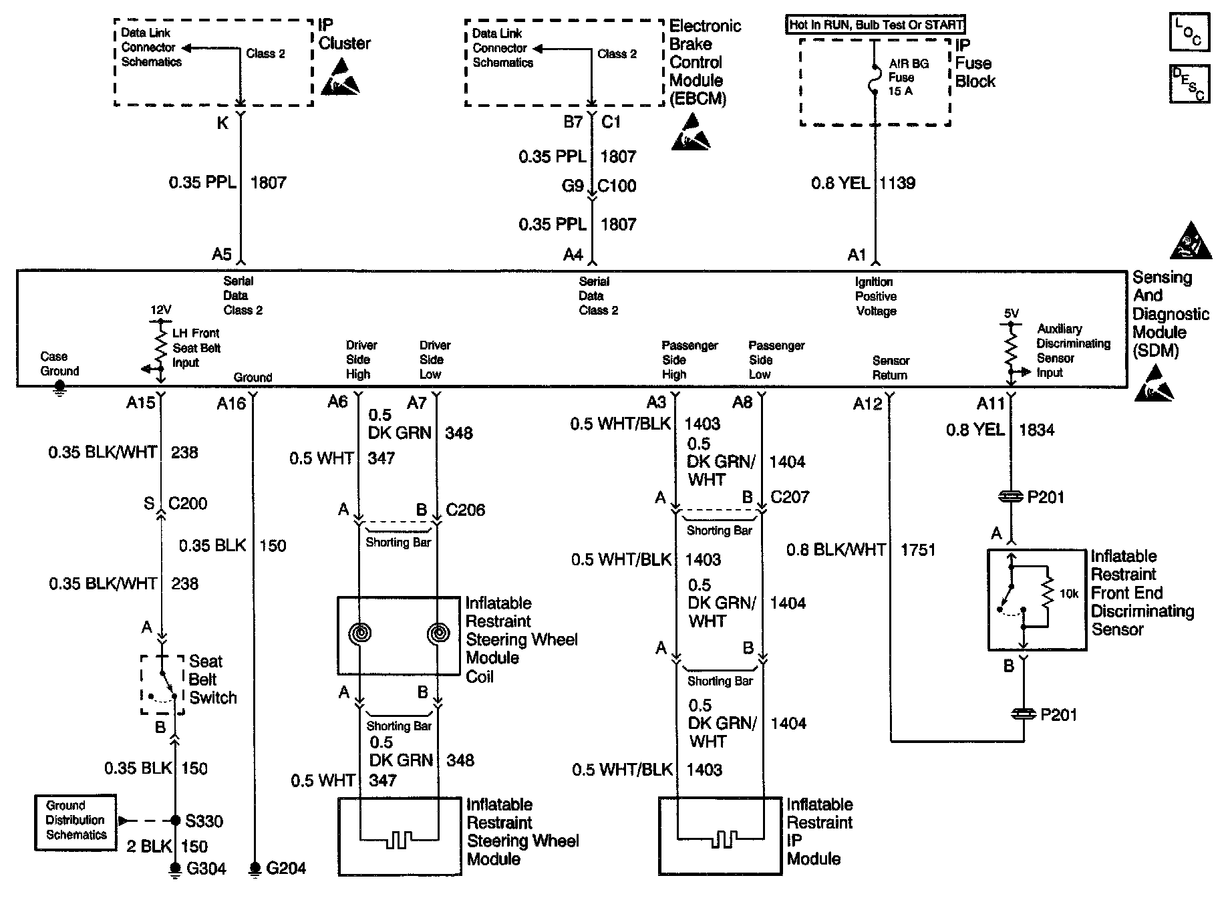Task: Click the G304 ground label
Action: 206,869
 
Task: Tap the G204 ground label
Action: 286,869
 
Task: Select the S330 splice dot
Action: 175,820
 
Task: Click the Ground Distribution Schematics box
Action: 75,822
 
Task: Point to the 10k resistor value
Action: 1069,593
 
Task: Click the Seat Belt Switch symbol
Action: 162,685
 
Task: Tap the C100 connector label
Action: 617,186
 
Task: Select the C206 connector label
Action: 465,510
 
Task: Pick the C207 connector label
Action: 790,497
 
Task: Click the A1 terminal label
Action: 857,255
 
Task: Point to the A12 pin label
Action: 867,404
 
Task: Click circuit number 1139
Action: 897,183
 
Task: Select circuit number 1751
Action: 918,550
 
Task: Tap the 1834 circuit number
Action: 1036,430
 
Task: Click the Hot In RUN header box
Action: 875,25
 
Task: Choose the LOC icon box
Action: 1189,32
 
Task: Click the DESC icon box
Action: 1189,84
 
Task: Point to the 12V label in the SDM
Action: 160,310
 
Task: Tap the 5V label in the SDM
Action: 1011,313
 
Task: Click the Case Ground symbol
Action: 59,388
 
